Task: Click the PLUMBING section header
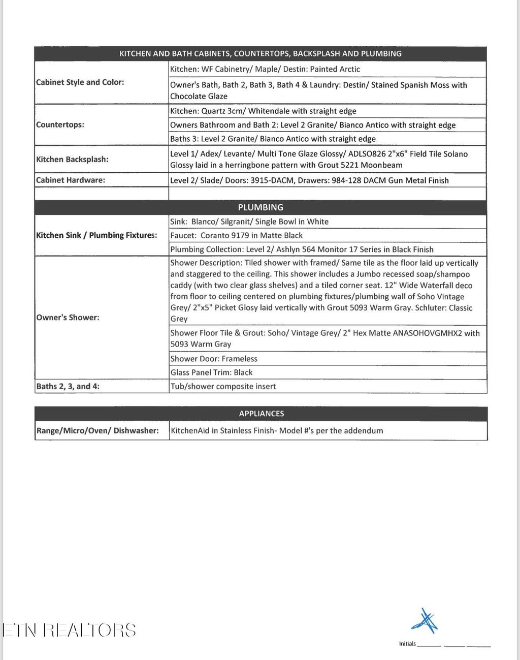pos(261,207)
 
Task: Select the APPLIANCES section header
pos(261,414)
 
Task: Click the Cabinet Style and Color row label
pos(80,82)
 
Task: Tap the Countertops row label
pos(60,124)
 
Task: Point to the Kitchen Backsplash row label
pos(72,160)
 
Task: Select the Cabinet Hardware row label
pos(71,180)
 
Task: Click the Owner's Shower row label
pos(68,318)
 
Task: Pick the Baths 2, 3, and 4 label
pos(68,386)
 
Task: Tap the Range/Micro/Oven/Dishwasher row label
pos(97,430)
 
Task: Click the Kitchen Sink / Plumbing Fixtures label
pos(96,235)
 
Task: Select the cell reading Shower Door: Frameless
pos(214,359)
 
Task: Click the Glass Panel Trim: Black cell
pos(211,372)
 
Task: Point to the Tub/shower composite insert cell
pos(223,386)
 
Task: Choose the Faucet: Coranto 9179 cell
pos(236,235)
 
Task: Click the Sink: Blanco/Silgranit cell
pos(249,222)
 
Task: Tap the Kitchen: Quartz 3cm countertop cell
pos(263,111)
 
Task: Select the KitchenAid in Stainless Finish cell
pos(277,430)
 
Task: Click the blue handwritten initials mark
pos(425,621)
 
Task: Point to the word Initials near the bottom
pos(407,644)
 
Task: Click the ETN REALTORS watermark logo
pos(69,630)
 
